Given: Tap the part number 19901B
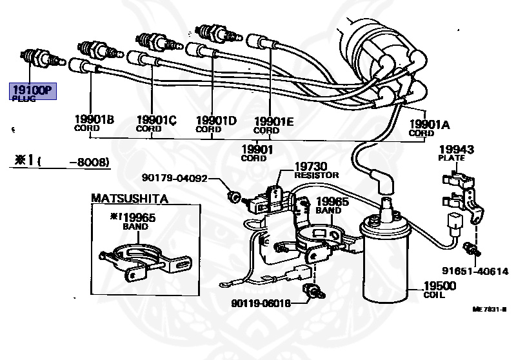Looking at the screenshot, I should (94, 119).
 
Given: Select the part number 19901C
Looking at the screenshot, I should (156, 119).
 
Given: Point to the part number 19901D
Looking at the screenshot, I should (216, 120).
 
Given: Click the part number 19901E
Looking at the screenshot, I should (274, 121).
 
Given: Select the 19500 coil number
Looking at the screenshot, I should (439, 286).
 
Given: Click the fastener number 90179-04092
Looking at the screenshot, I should (175, 178).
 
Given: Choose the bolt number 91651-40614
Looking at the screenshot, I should (479, 271).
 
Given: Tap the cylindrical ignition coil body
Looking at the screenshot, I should (386, 265).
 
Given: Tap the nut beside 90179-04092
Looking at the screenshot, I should (236, 195).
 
